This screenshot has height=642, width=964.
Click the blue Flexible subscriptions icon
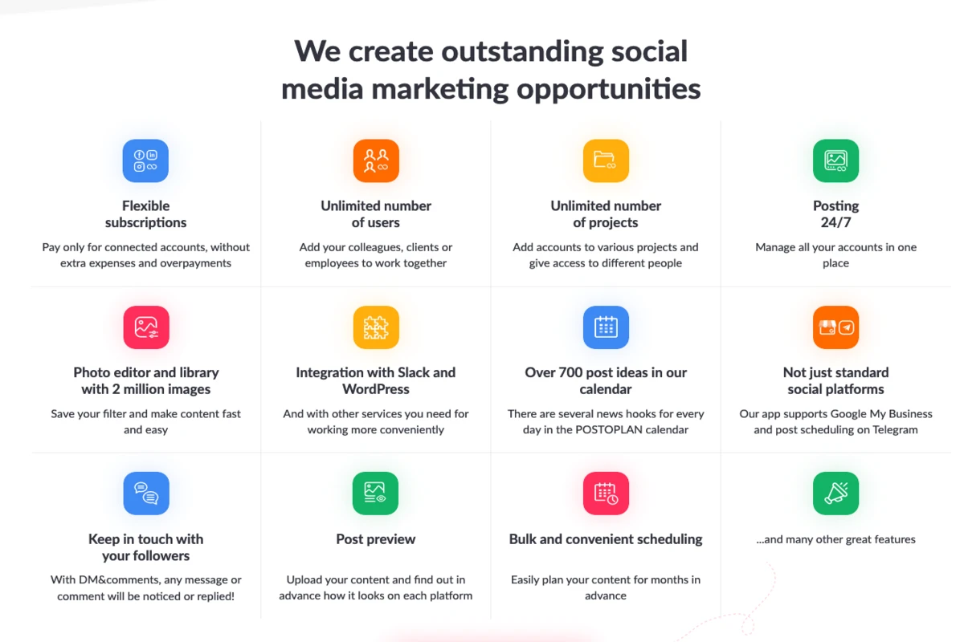tap(145, 160)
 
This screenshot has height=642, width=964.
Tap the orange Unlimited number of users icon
tap(376, 160)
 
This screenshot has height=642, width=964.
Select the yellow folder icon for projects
tap(606, 160)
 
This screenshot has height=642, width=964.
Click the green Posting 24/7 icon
tap(835, 160)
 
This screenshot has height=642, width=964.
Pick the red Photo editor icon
tap(146, 327)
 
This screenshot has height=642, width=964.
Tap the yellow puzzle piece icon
tap(376, 327)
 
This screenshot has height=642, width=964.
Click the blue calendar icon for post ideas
tap(606, 327)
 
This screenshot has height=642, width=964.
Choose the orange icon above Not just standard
tap(835, 327)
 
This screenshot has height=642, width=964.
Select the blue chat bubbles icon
tap(146, 494)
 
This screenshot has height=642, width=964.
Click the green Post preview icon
tap(375, 494)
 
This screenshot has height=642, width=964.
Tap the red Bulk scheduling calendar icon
tap(606, 494)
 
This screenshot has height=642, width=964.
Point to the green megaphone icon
tap(835, 494)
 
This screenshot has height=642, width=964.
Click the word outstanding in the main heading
tap(522, 52)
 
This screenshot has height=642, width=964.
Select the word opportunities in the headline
tap(609, 90)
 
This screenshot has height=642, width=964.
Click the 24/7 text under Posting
tap(835, 222)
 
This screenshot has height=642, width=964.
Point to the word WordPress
tap(376, 389)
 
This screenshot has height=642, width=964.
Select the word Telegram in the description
tap(895, 430)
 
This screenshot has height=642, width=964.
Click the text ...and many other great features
tap(835, 539)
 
